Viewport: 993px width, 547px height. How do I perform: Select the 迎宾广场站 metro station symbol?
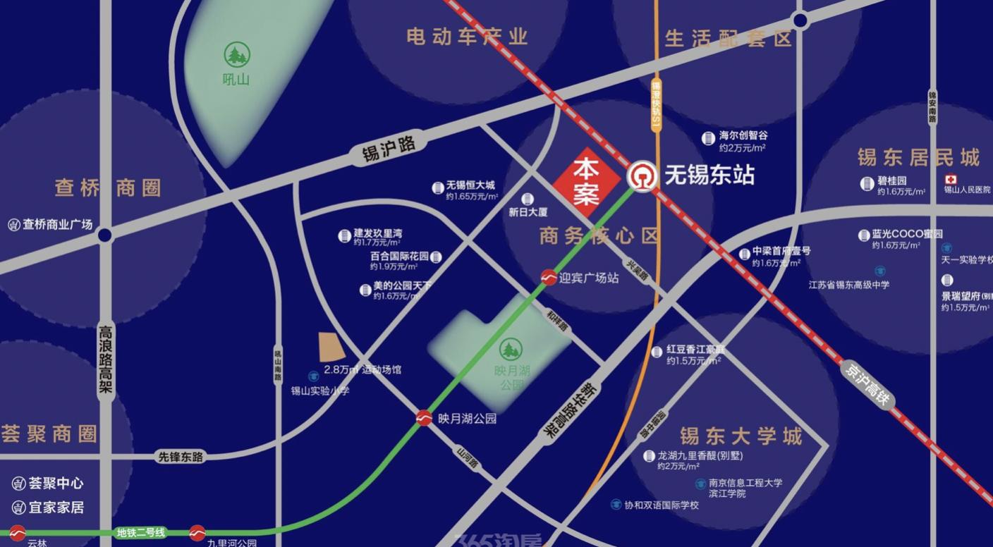(548, 278)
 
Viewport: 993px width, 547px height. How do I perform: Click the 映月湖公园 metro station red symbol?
(424, 418)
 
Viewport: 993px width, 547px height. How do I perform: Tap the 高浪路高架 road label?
(106, 359)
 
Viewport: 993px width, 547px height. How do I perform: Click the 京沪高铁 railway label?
(867, 384)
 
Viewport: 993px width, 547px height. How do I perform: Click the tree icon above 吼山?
(237, 54)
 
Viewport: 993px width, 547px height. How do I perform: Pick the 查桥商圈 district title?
(108, 188)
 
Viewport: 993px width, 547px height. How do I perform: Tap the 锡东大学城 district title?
(741, 436)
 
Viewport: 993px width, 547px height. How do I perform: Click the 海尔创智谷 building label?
(743, 135)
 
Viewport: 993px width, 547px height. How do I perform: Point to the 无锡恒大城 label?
(470, 186)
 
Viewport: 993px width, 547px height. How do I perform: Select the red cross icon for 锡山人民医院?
(951, 179)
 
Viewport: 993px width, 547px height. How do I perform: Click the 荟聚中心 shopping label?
(56, 484)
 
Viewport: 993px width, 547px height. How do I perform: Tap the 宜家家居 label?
(56, 507)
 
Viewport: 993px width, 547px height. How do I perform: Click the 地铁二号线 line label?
(141, 533)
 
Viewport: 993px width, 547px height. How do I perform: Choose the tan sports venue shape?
(331, 348)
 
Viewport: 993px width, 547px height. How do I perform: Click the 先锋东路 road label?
(180, 457)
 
